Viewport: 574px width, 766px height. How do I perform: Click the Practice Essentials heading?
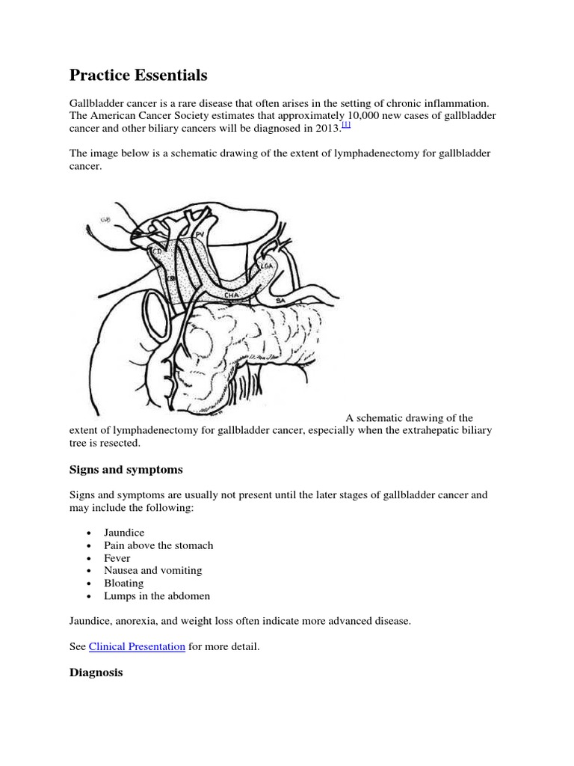138,76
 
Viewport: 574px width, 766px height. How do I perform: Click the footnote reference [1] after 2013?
346,126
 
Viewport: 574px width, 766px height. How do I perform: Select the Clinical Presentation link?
137,646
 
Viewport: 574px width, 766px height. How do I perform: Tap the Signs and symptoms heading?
126,470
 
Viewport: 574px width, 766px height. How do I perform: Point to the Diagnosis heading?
96,672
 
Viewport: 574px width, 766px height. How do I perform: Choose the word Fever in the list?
118,558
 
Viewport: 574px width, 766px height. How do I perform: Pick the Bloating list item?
124,583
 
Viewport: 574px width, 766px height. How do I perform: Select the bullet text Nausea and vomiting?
154,571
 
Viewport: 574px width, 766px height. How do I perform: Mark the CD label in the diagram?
158,251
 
